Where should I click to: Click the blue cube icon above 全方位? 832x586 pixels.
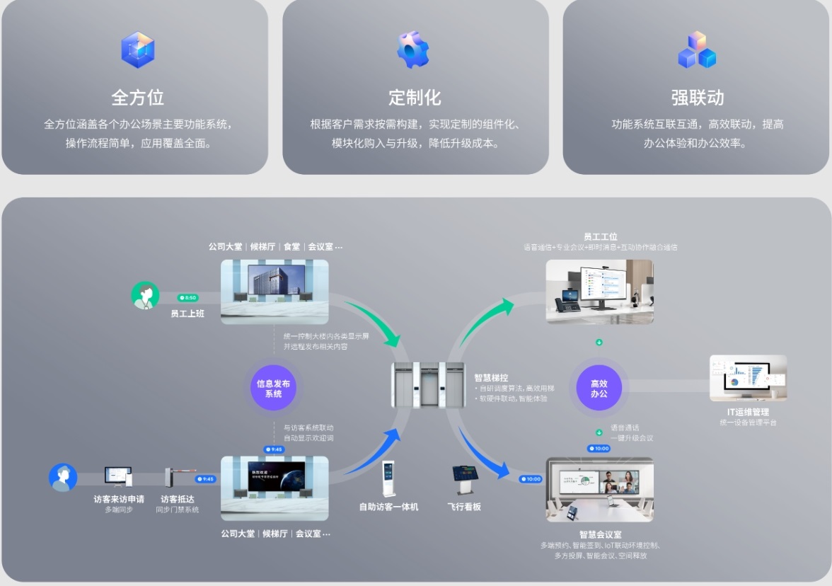(137, 50)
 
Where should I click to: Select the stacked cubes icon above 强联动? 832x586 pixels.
(697, 50)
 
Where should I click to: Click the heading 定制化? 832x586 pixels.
(415, 97)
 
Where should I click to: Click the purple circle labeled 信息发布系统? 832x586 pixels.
(273, 388)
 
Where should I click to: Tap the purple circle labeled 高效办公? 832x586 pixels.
(599, 388)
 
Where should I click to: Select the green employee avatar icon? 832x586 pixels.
(145, 295)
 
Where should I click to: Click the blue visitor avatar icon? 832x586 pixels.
(63, 477)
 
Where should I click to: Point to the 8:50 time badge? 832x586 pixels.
(188, 298)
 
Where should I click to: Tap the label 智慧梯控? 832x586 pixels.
(491, 378)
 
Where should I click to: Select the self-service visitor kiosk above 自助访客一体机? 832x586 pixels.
(388, 479)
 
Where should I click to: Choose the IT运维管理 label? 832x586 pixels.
(748, 412)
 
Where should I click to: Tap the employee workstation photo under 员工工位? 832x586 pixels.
(599, 291)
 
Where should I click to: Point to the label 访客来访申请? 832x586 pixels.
(119, 499)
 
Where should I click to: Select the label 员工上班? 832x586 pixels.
(187, 313)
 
